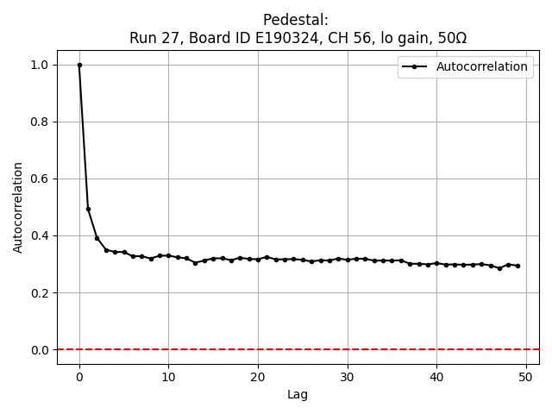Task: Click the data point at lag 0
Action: (79, 65)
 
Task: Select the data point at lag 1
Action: (88, 209)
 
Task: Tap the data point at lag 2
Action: (97, 238)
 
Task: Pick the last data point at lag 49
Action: (517, 266)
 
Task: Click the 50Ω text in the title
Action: (451, 38)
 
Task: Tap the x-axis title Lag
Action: (298, 395)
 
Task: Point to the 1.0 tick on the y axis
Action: (40, 65)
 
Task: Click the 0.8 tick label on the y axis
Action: (40, 122)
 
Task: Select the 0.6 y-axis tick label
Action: (40, 179)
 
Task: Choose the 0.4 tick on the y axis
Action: (40, 235)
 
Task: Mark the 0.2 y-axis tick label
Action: (40, 292)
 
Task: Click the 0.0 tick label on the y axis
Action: (40, 349)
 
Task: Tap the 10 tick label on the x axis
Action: (168, 376)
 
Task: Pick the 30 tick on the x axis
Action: (347, 376)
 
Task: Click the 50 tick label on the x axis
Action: (525, 376)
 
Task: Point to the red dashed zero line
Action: (259, 349)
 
